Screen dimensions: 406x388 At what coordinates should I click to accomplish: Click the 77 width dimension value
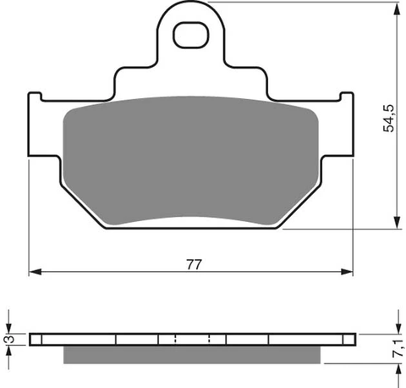195,264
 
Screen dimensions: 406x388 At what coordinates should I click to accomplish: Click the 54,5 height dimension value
389,119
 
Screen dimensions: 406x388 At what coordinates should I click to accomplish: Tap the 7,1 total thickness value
398,349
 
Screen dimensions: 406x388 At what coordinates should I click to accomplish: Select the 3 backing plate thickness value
10,340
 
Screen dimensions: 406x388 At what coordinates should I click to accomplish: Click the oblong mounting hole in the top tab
191,35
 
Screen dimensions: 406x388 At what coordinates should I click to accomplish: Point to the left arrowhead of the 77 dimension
36,272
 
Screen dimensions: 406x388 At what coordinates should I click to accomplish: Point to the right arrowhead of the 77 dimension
347,272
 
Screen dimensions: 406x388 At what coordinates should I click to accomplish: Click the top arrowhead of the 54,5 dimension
397,8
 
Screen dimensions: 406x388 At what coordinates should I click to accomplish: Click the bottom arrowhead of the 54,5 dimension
397,222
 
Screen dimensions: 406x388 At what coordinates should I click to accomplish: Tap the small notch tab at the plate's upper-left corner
35,97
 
